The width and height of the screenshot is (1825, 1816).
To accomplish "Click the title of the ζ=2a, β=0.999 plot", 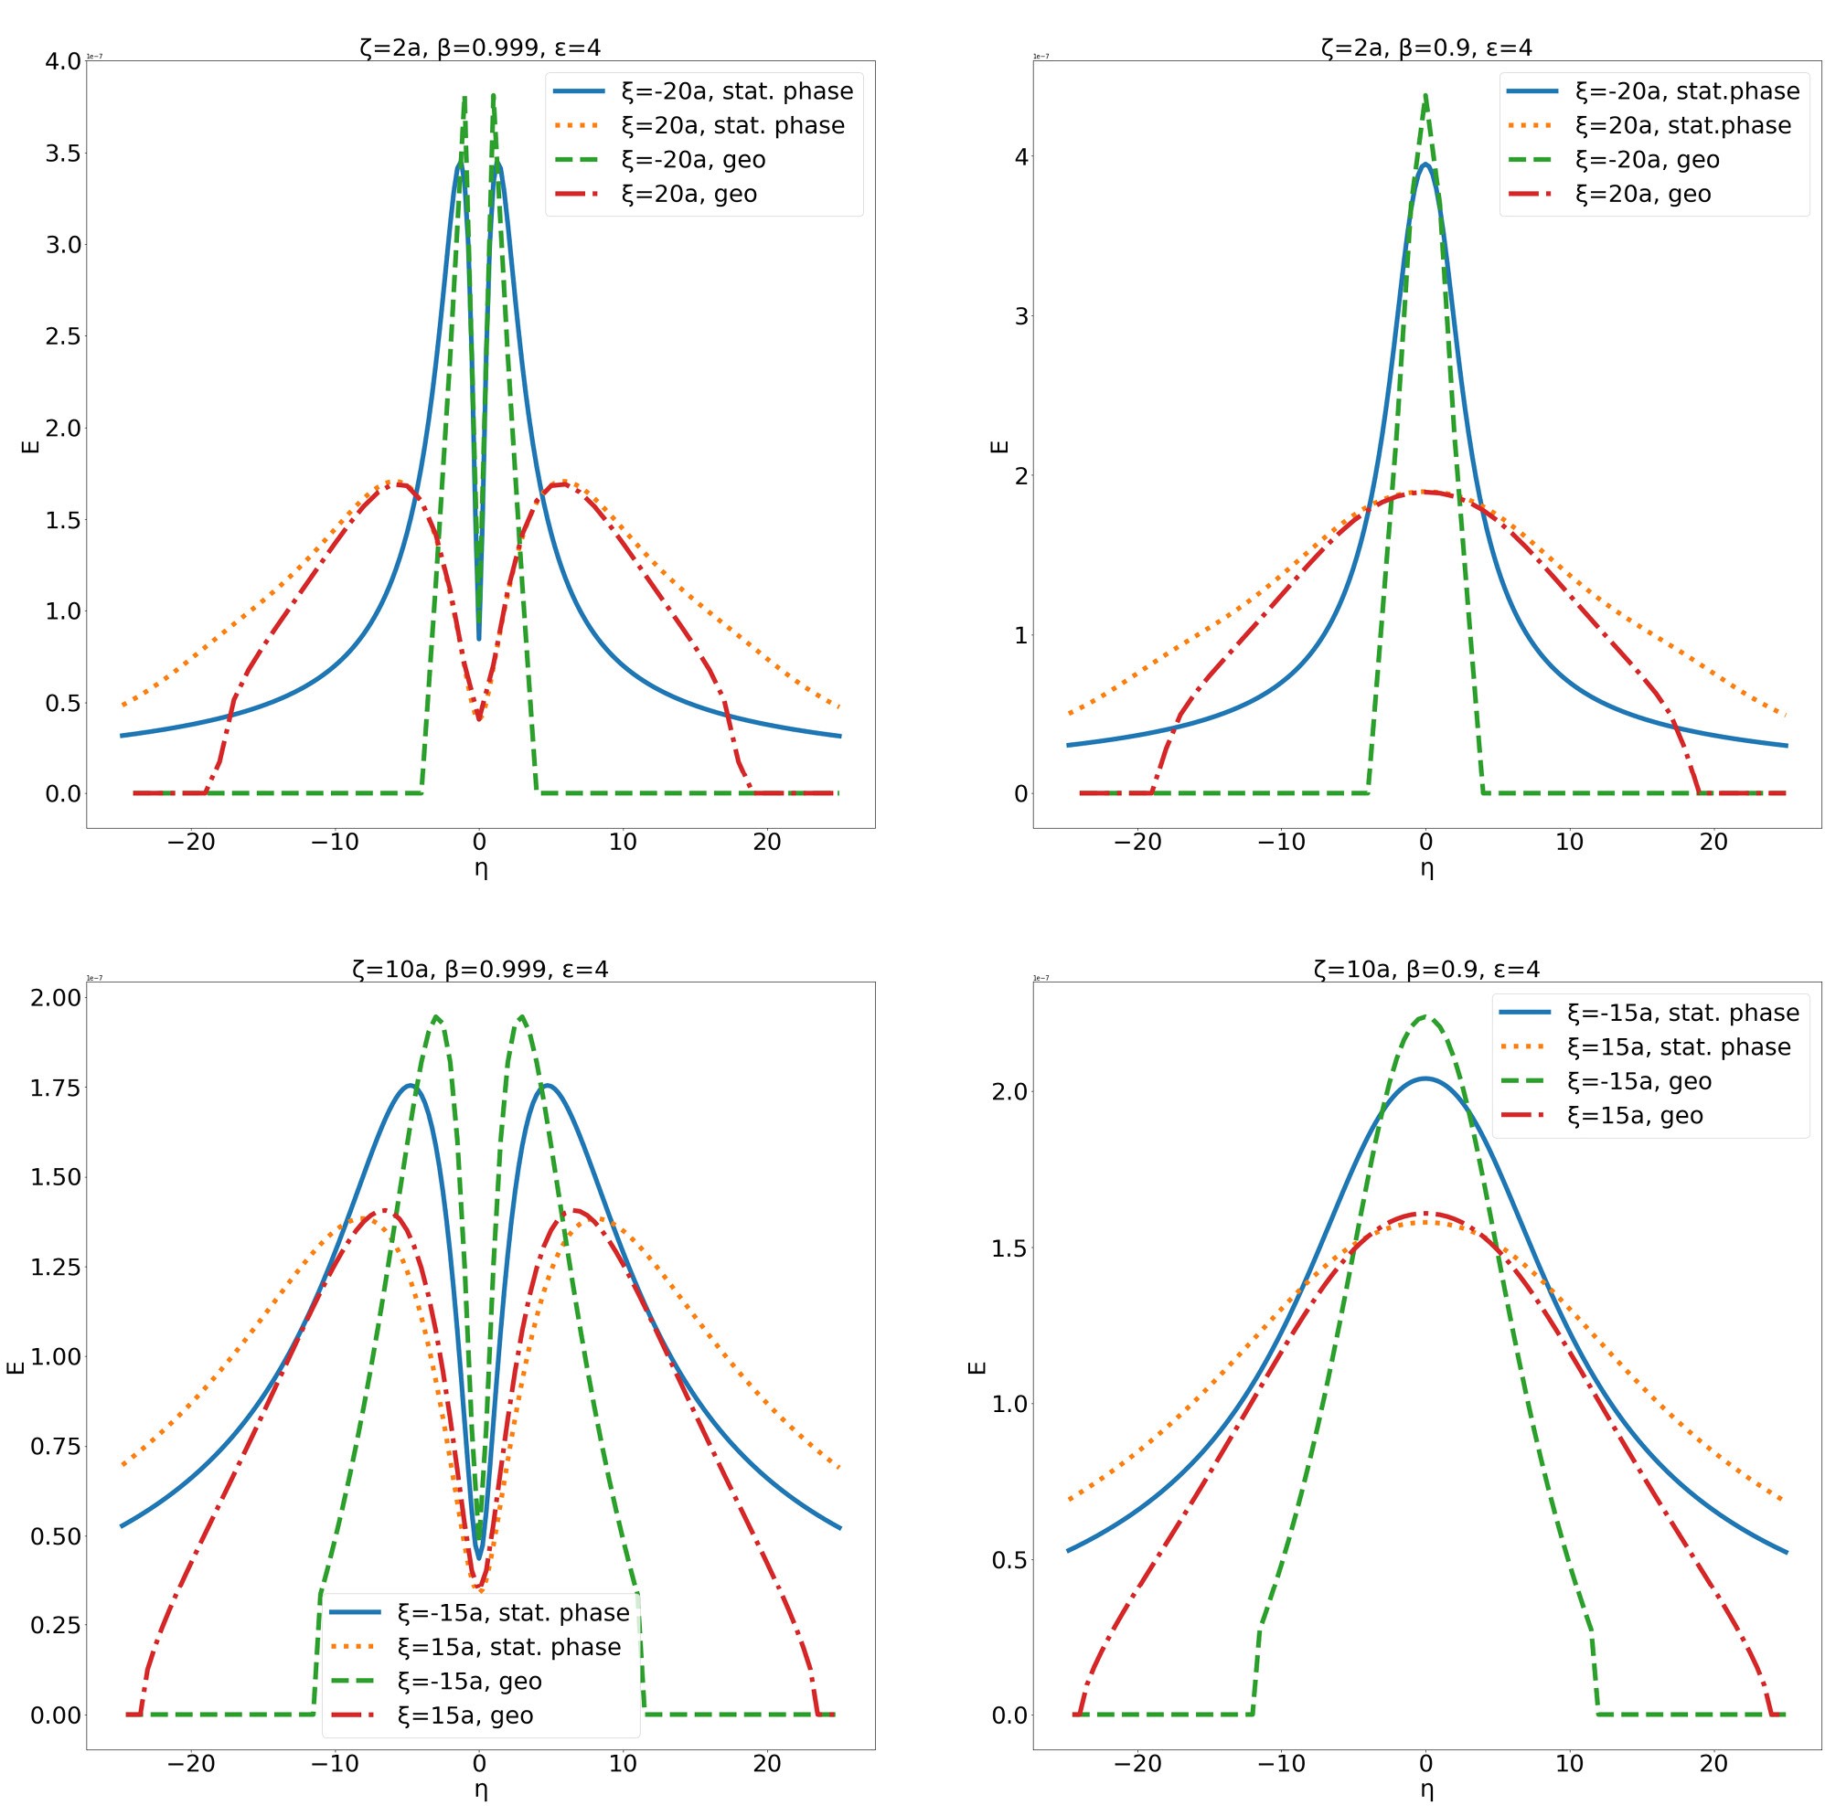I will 480,48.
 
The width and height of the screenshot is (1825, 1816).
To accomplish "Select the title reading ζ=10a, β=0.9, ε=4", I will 1426,969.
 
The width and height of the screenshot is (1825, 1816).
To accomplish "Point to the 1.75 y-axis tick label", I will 57,1087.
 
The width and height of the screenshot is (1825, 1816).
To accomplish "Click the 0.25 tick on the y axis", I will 57,1625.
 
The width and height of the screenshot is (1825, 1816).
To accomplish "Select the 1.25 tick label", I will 57,1267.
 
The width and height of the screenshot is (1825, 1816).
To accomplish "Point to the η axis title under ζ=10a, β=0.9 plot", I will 1426,1789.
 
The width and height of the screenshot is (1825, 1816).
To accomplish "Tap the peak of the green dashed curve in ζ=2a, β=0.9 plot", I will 1425,95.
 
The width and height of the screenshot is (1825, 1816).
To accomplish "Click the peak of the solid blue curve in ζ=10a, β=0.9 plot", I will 1425,1078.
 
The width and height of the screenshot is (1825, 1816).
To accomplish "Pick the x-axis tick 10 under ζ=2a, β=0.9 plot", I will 1569,842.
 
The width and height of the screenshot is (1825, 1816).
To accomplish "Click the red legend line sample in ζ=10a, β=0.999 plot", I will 354,1715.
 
